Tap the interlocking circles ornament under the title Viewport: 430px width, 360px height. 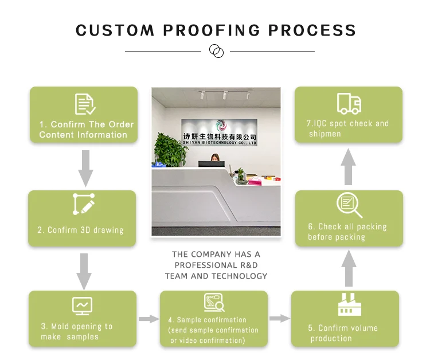click(x=216, y=51)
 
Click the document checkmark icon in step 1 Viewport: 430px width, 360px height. click(x=85, y=104)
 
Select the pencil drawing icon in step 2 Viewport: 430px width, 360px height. click(x=84, y=205)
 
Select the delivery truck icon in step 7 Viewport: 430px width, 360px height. click(x=349, y=103)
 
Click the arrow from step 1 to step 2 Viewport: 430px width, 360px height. click(x=85, y=167)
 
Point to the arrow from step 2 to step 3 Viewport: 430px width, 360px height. click(x=84, y=270)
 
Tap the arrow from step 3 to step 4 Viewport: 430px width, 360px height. click(x=148, y=319)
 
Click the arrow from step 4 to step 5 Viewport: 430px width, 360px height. click(x=280, y=318)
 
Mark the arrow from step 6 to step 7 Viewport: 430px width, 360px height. click(x=349, y=166)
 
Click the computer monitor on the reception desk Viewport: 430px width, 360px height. click(x=208, y=163)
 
